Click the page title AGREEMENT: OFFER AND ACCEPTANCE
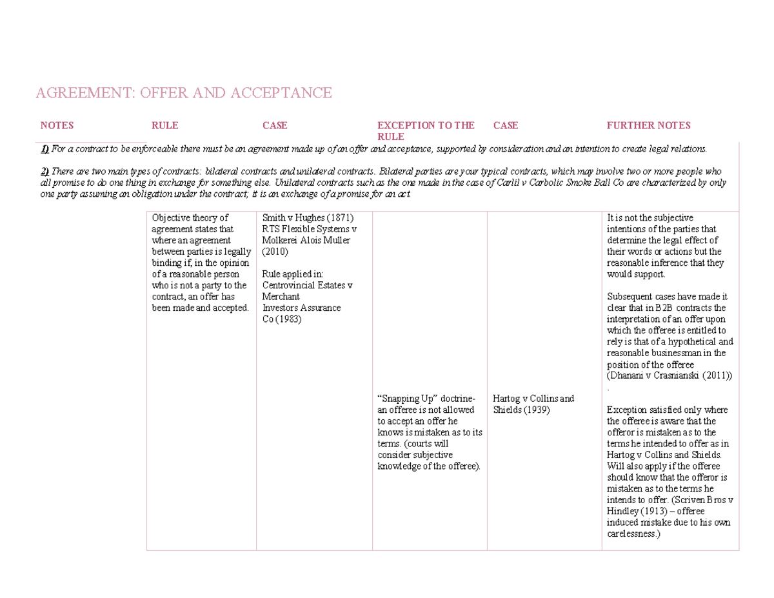183,94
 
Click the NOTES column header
57,125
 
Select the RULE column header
164,125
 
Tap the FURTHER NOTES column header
648,125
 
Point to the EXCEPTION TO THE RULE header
426,130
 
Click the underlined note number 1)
45,150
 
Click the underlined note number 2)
45,171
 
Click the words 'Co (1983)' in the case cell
282,319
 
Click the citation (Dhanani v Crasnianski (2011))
670,376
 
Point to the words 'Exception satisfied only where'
668,410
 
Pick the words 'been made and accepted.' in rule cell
200,308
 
